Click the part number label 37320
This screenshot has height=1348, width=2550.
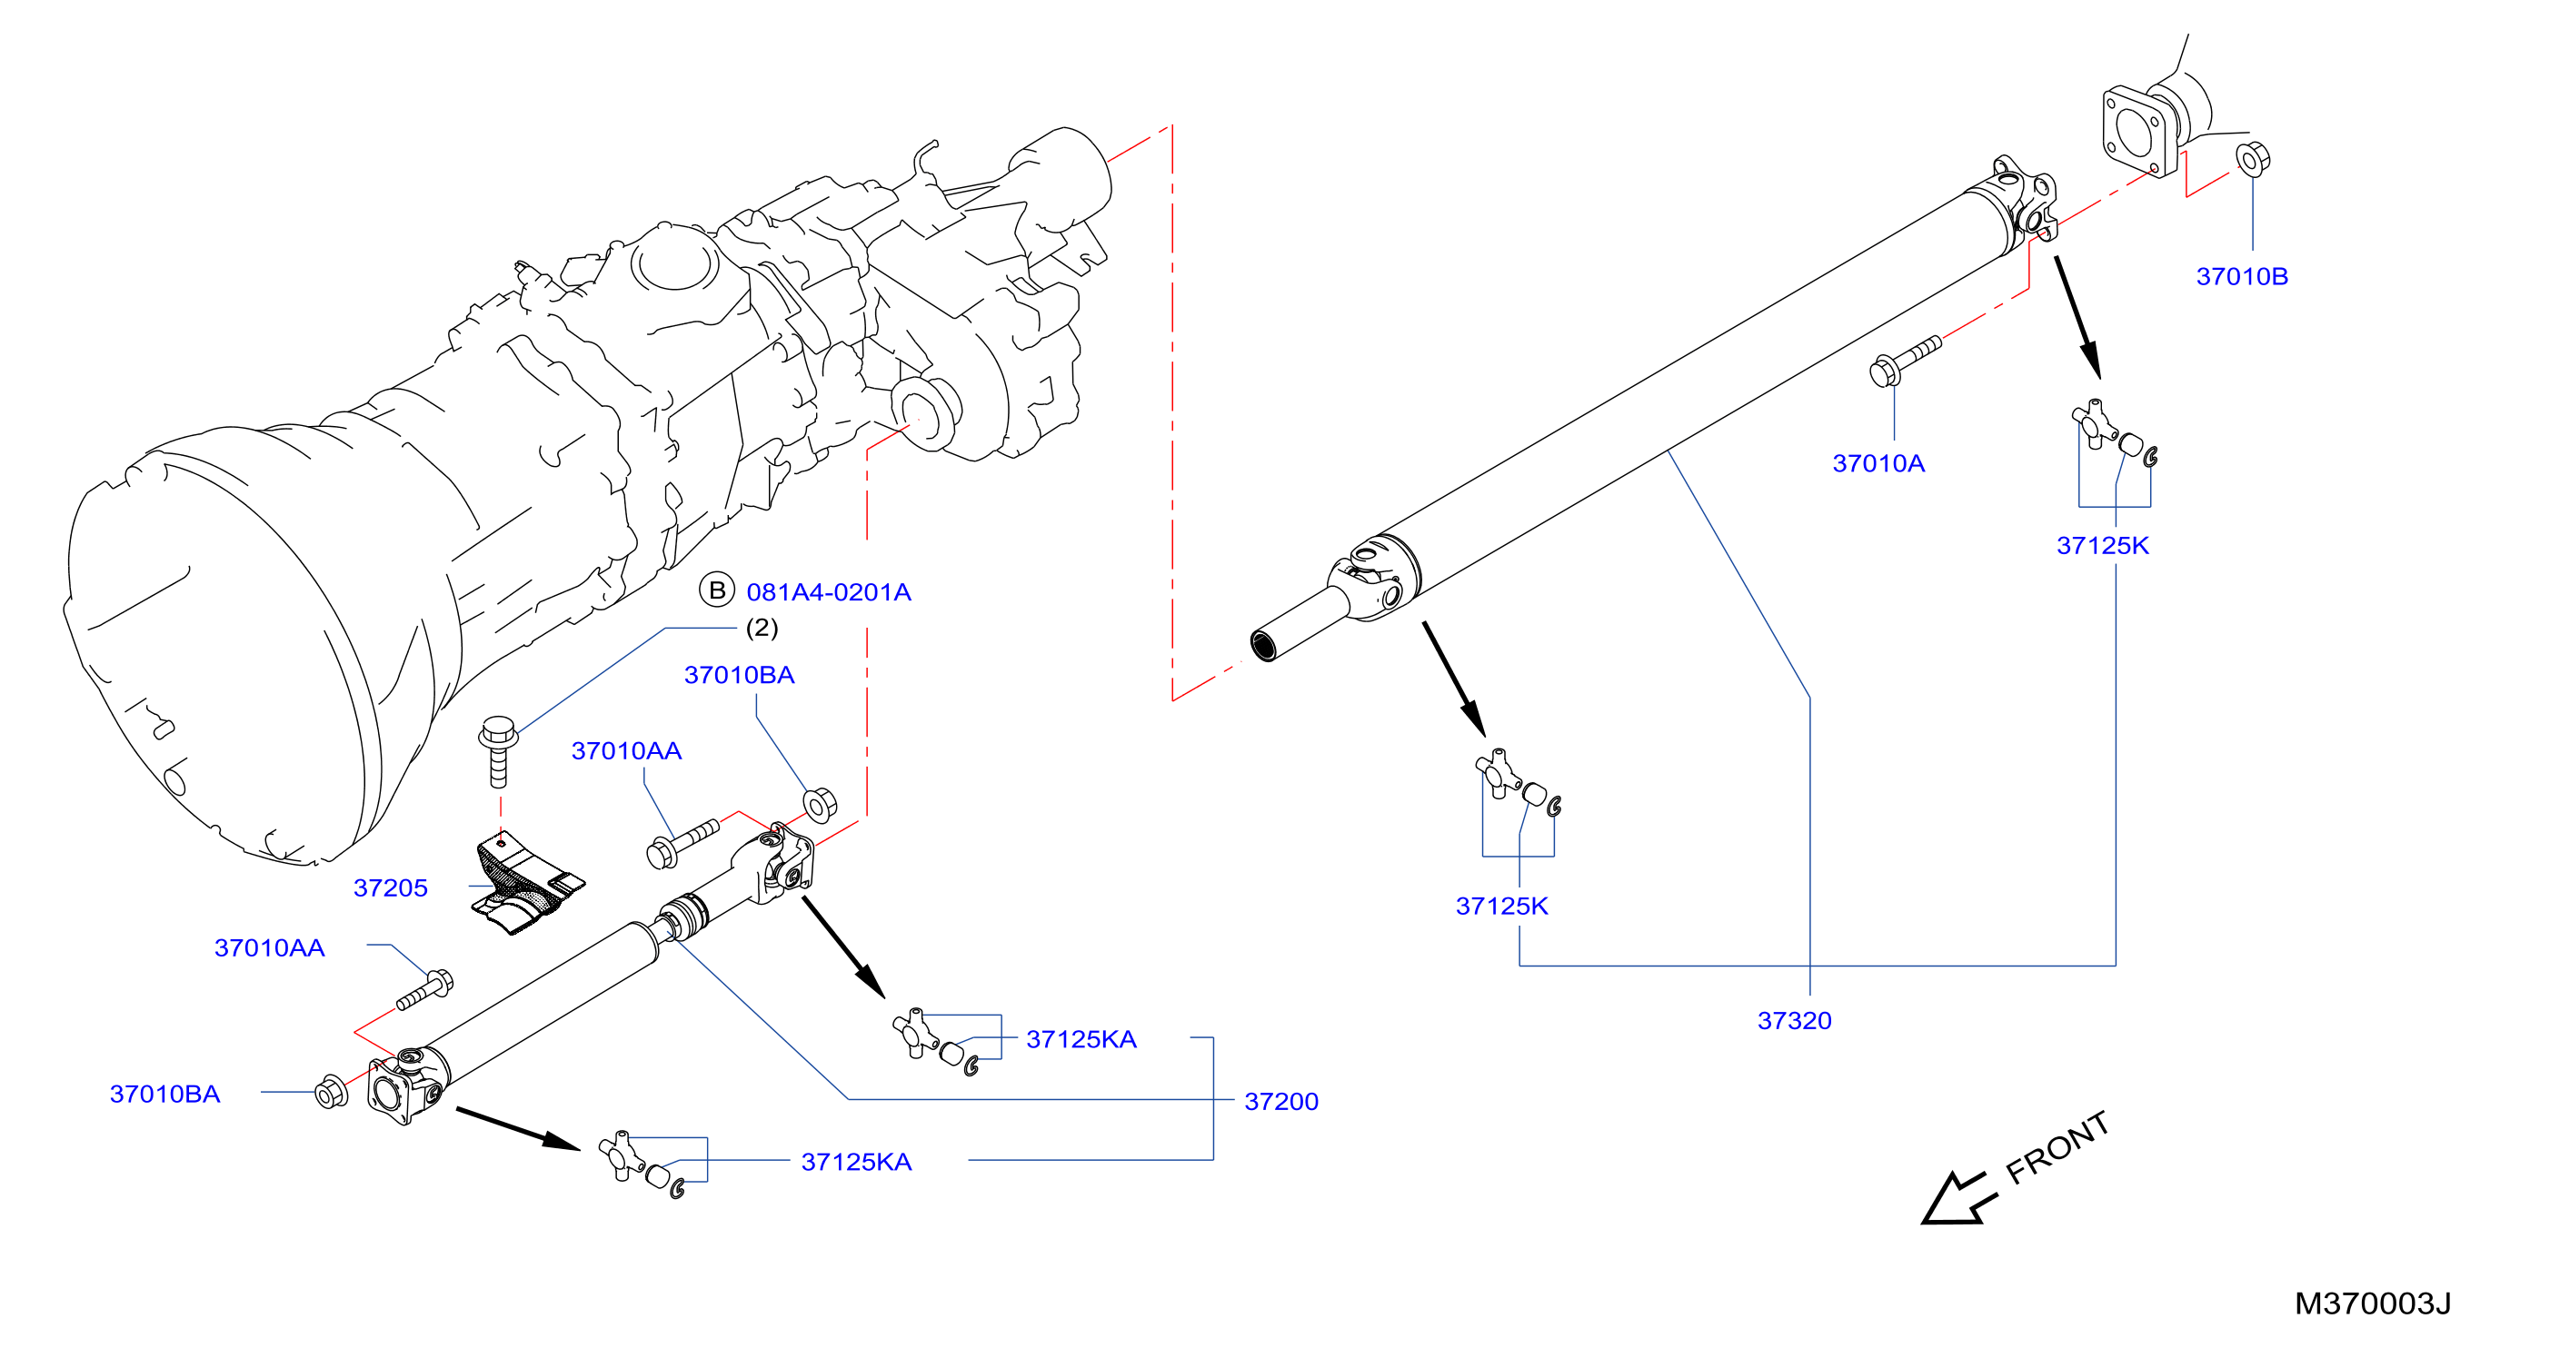tap(1794, 1020)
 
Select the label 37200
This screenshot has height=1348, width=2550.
tap(1281, 1102)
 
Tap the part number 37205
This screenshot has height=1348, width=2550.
tap(390, 887)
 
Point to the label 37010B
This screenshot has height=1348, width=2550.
tap(2242, 276)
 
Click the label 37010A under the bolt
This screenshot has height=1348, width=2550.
tap(1878, 463)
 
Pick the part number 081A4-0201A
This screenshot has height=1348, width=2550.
tap(829, 592)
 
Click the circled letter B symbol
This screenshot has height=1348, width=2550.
tap(717, 590)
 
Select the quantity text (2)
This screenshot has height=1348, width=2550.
tap(762, 628)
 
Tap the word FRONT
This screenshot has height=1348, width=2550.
tap(2058, 1147)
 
